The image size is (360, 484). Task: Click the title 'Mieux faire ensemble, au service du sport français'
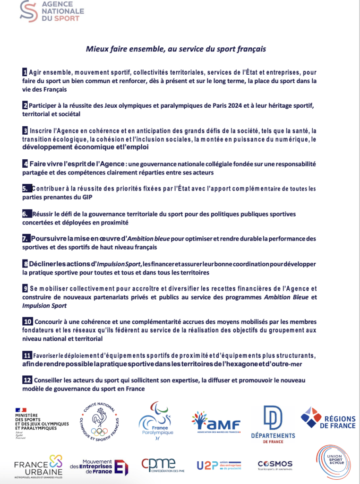[x=176, y=49]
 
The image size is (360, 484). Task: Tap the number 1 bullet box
[x=25, y=72]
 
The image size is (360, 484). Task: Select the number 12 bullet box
[x=27, y=380]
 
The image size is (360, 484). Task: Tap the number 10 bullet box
[x=27, y=321]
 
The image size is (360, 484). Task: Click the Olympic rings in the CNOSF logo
[x=99, y=431]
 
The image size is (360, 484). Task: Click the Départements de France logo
[x=273, y=424]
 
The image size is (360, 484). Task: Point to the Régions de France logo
[x=328, y=418]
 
